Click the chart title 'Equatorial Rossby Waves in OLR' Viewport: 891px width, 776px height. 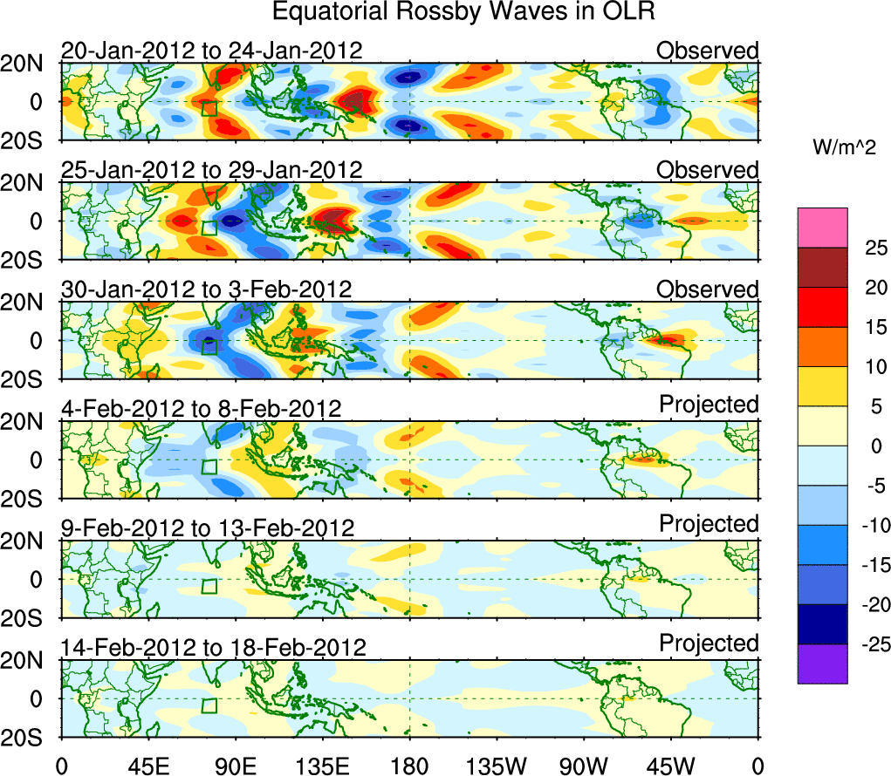point(463,12)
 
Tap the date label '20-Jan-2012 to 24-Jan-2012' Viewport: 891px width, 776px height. point(211,51)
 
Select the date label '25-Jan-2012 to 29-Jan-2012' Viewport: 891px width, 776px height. point(211,169)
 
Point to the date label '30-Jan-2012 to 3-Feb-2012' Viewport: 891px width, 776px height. point(206,289)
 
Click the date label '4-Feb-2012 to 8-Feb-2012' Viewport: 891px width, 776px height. point(200,408)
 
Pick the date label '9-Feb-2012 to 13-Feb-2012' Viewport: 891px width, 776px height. point(207,528)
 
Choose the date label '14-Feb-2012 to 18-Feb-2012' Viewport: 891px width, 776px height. point(213,647)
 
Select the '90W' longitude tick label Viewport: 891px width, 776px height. point(585,766)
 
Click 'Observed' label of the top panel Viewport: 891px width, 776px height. point(708,51)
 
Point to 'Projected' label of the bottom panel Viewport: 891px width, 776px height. point(709,643)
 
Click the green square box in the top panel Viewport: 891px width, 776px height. point(209,108)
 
